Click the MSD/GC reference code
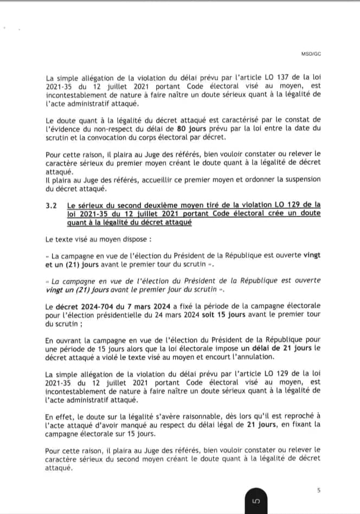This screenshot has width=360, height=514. [311, 54]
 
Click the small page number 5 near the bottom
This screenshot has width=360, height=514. [318, 491]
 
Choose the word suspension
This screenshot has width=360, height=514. [299, 179]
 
